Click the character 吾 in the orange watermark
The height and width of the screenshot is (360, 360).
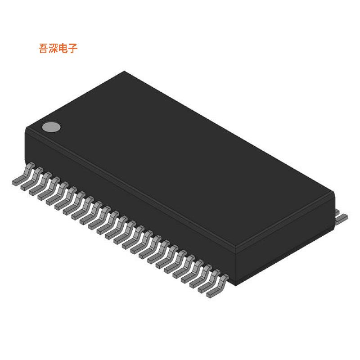[x=44, y=49]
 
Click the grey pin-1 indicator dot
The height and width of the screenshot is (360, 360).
[x=51, y=127]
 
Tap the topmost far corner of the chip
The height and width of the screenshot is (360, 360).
[x=124, y=71]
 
